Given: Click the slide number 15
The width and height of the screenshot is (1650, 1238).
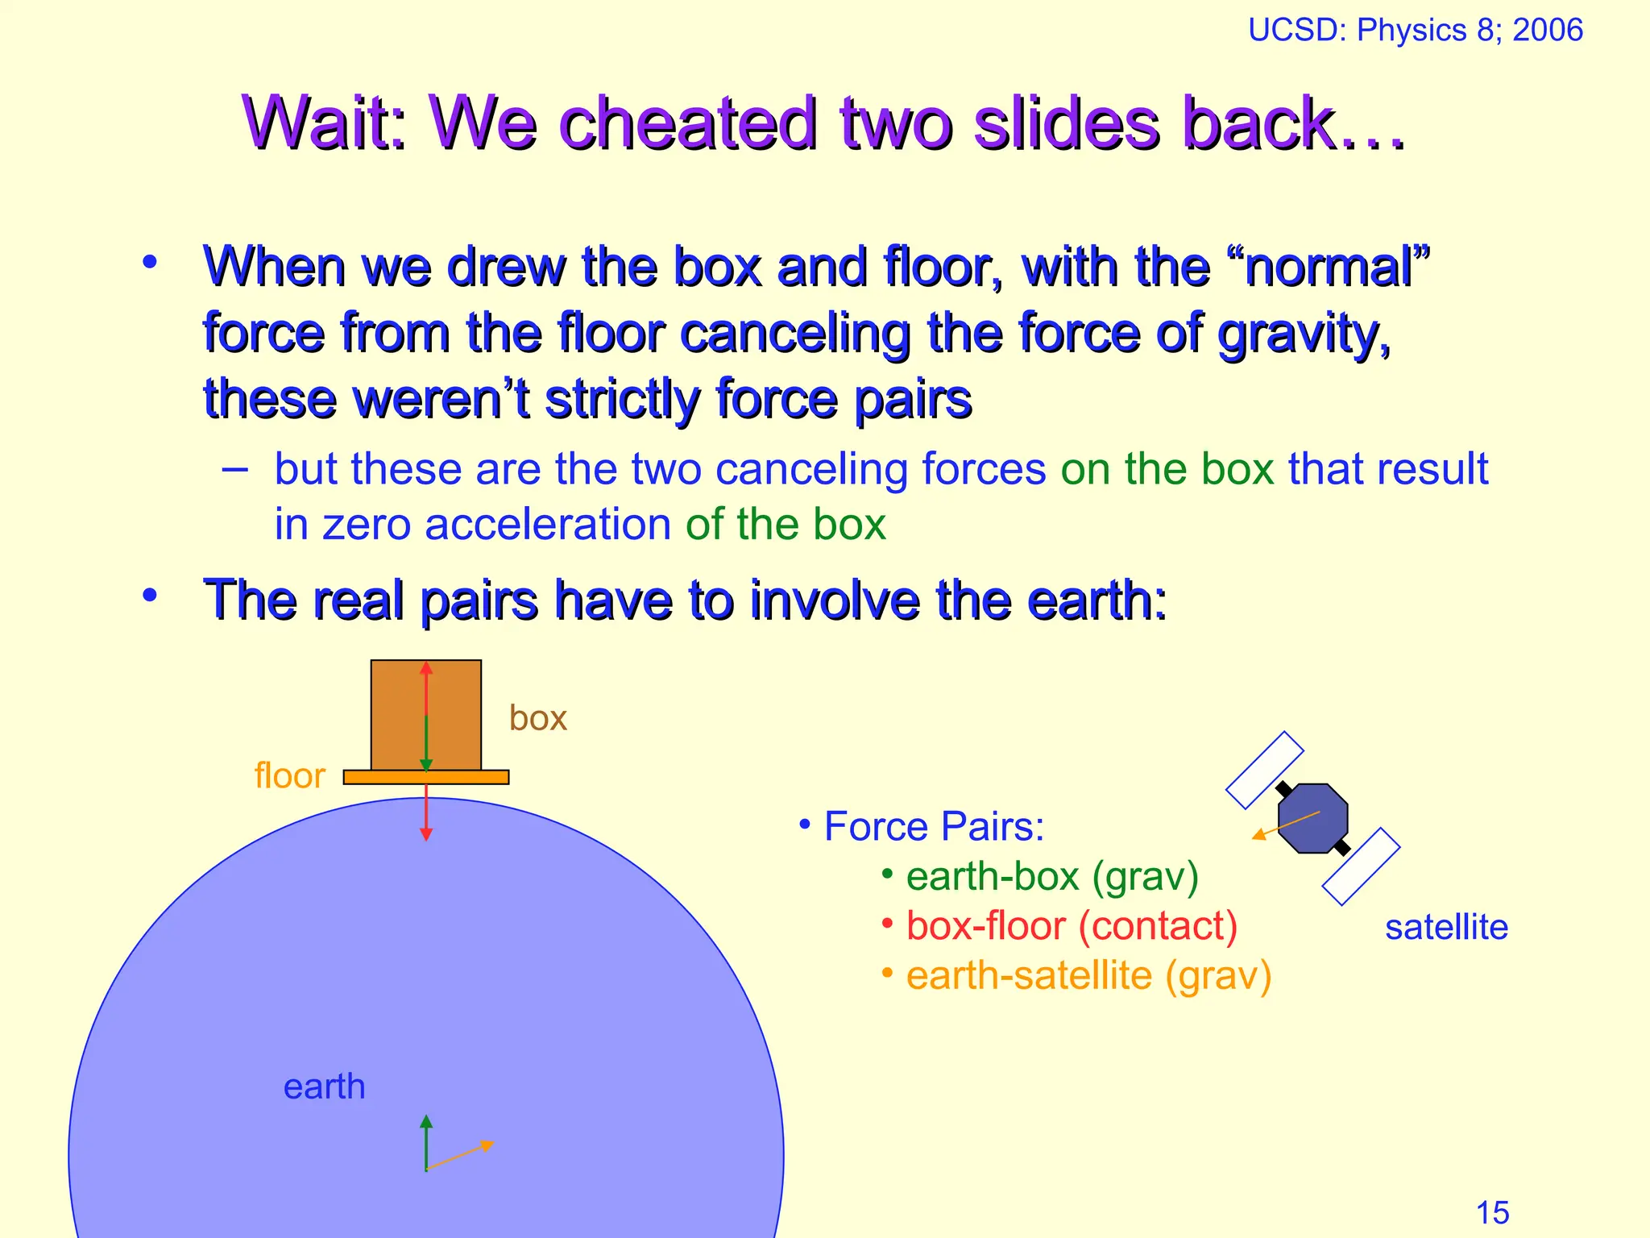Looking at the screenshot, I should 1492,1212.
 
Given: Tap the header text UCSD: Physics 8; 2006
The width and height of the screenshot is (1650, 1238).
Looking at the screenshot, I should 1415,31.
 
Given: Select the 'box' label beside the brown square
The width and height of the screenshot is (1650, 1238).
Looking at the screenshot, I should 537,718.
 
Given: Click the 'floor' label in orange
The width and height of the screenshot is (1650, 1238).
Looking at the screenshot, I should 289,775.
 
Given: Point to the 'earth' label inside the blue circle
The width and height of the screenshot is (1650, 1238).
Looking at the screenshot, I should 324,1086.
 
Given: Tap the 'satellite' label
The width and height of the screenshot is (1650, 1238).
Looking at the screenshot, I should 1446,927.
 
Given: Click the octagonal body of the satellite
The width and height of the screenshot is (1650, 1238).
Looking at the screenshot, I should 1312,818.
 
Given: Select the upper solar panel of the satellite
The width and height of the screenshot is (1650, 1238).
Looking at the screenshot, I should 1264,770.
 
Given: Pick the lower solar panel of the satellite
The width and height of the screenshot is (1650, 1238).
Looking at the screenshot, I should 1361,866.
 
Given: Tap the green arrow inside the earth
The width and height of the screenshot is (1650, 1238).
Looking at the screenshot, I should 426,1141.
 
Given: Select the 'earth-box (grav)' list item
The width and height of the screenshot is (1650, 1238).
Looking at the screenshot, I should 1051,876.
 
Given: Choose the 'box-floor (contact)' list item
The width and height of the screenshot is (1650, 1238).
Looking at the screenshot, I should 1071,925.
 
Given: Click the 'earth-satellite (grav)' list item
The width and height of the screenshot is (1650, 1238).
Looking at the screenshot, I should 1088,975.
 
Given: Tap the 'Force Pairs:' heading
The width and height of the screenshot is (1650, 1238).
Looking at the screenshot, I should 933,826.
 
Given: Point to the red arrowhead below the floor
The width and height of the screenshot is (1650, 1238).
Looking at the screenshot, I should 426,834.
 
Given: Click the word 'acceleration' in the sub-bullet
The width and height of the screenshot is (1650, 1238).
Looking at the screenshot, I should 548,525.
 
